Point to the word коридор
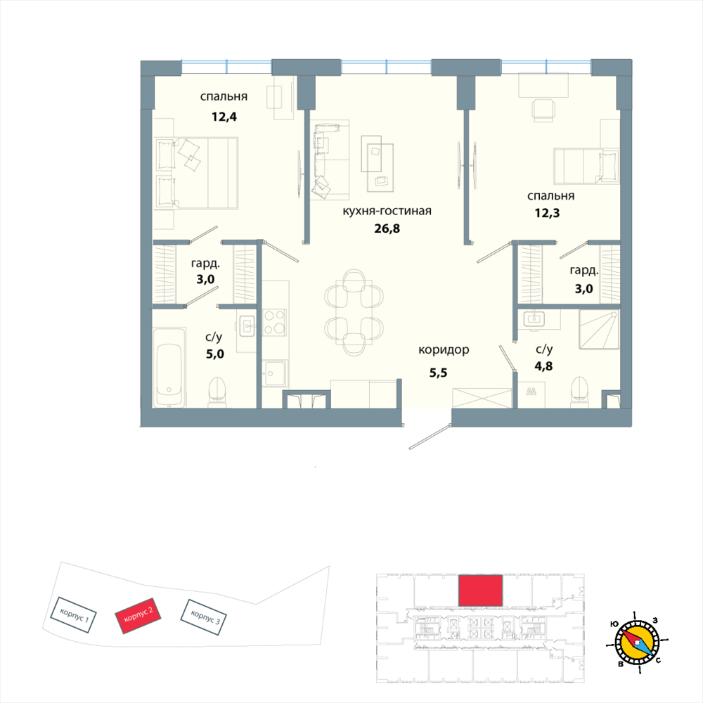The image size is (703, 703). tap(443, 350)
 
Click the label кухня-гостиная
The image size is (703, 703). tap(386, 211)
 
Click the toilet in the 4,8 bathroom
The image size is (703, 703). tap(580, 389)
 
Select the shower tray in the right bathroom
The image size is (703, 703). tap(599, 331)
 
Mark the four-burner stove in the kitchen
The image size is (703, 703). tap(274, 322)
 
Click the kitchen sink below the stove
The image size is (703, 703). tap(275, 371)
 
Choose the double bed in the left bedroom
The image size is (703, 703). tap(196, 173)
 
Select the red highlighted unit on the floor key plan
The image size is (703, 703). tap(481, 591)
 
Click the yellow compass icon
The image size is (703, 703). tap(637, 643)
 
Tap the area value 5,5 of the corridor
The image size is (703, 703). tap(438, 373)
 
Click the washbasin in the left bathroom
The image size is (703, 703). tap(247, 325)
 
